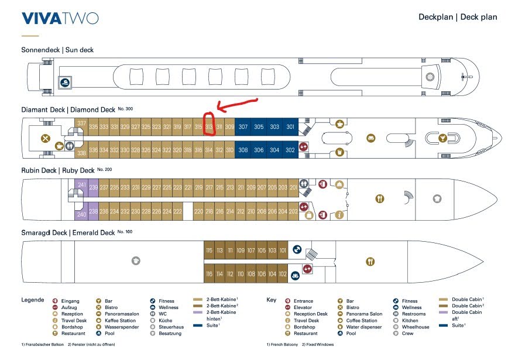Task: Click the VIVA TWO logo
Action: click(60, 18)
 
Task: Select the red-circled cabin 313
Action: click(210, 127)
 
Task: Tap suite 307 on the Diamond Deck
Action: click(243, 127)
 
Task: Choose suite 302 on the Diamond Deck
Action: click(290, 149)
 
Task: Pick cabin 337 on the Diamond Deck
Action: click(81, 124)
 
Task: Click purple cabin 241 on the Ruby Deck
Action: click(81, 186)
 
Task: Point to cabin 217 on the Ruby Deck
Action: click(210, 187)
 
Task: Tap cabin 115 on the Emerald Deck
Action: click(209, 251)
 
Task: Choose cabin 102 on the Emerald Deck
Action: click(283, 273)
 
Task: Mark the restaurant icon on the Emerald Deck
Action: click(370, 261)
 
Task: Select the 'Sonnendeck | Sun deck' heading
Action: click(57, 50)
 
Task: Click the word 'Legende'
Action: click(33, 300)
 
